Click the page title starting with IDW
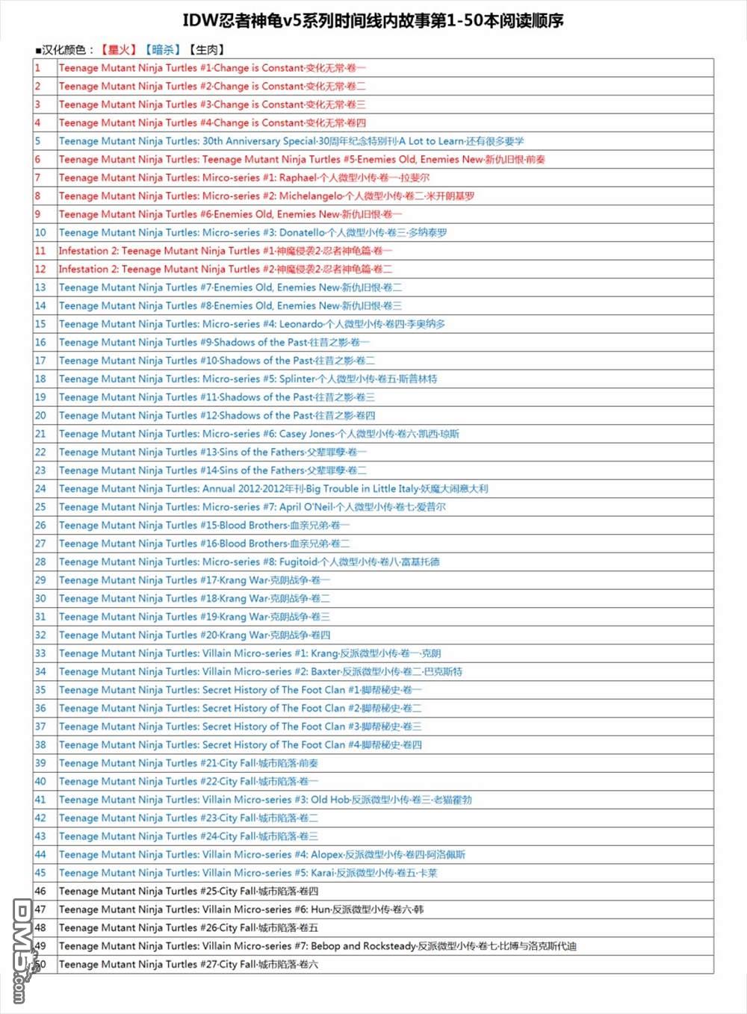click(x=373, y=21)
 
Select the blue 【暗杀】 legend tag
click(x=163, y=50)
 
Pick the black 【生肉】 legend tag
click(x=206, y=50)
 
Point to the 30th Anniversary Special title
click(x=291, y=141)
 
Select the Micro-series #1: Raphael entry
click(x=244, y=178)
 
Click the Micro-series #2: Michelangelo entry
click(x=267, y=196)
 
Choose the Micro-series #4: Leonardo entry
click(x=252, y=324)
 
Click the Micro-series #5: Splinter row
click(x=248, y=379)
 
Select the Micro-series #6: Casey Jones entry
click(x=259, y=434)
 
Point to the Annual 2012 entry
click(x=273, y=488)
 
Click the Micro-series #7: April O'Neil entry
click(x=252, y=507)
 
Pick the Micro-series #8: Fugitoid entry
click(x=249, y=562)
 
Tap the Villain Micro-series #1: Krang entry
click(x=250, y=653)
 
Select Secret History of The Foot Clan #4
click(x=241, y=744)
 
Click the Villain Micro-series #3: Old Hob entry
click(x=265, y=800)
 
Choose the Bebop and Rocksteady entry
click(x=317, y=946)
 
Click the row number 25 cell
click(x=40, y=507)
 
